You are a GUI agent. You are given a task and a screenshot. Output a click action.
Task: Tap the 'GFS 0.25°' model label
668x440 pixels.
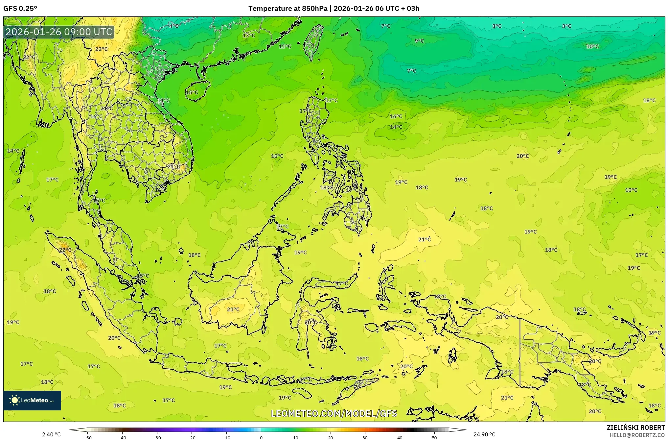coord(20,9)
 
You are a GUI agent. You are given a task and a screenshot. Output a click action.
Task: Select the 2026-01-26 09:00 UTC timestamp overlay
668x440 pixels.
coord(59,32)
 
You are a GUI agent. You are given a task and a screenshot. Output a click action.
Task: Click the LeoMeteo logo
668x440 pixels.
coord(32,400)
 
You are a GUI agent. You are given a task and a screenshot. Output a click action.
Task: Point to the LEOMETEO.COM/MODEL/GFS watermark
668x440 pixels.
coord(334,413)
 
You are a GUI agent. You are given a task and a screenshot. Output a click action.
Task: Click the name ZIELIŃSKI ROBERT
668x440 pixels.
coord(635,428)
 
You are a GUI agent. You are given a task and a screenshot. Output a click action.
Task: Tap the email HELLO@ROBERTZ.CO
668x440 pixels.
coord(637,435)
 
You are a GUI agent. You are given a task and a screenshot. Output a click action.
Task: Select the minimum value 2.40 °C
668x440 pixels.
coord(51,434)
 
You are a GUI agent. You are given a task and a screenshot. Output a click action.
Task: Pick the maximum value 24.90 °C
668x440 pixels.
coord(484,434)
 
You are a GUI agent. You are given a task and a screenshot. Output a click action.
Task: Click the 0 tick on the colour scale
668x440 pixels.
coord(261,437)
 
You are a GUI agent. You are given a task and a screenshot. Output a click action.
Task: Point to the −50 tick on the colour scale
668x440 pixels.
coord(88,437)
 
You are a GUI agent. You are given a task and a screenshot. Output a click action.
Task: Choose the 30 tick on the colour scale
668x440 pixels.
coord(365,437)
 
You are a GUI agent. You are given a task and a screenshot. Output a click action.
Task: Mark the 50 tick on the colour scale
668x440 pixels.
coord(434,437)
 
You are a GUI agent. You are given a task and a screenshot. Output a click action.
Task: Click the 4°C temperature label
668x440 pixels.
coord(174,26)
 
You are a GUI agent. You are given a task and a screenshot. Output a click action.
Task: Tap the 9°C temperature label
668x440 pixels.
coord(419,41)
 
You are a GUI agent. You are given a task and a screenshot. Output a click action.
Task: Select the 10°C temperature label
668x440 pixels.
coord(592,46)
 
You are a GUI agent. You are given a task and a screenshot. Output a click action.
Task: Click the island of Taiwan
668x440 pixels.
coord(312,41)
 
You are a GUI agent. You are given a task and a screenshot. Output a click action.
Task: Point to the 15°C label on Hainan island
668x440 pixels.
coord(192,92)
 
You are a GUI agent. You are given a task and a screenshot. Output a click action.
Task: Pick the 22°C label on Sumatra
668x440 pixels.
coord(65,250)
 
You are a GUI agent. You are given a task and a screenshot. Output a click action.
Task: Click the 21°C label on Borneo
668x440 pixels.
coord(233,309)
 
